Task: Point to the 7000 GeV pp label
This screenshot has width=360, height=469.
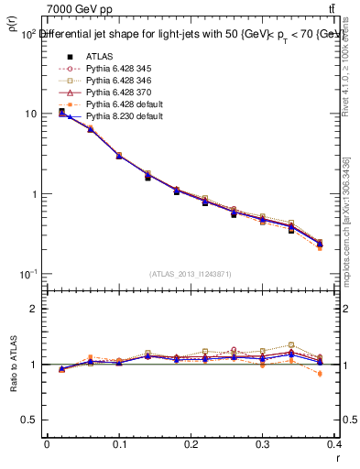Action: tap(79, 9)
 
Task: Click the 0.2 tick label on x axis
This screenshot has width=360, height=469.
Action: tap(191, 445)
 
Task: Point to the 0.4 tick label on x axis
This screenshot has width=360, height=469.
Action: tap(334, 445)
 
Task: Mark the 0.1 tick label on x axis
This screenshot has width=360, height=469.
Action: tap(119, 445)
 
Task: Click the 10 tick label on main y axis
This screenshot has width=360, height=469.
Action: tap(29, 114)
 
